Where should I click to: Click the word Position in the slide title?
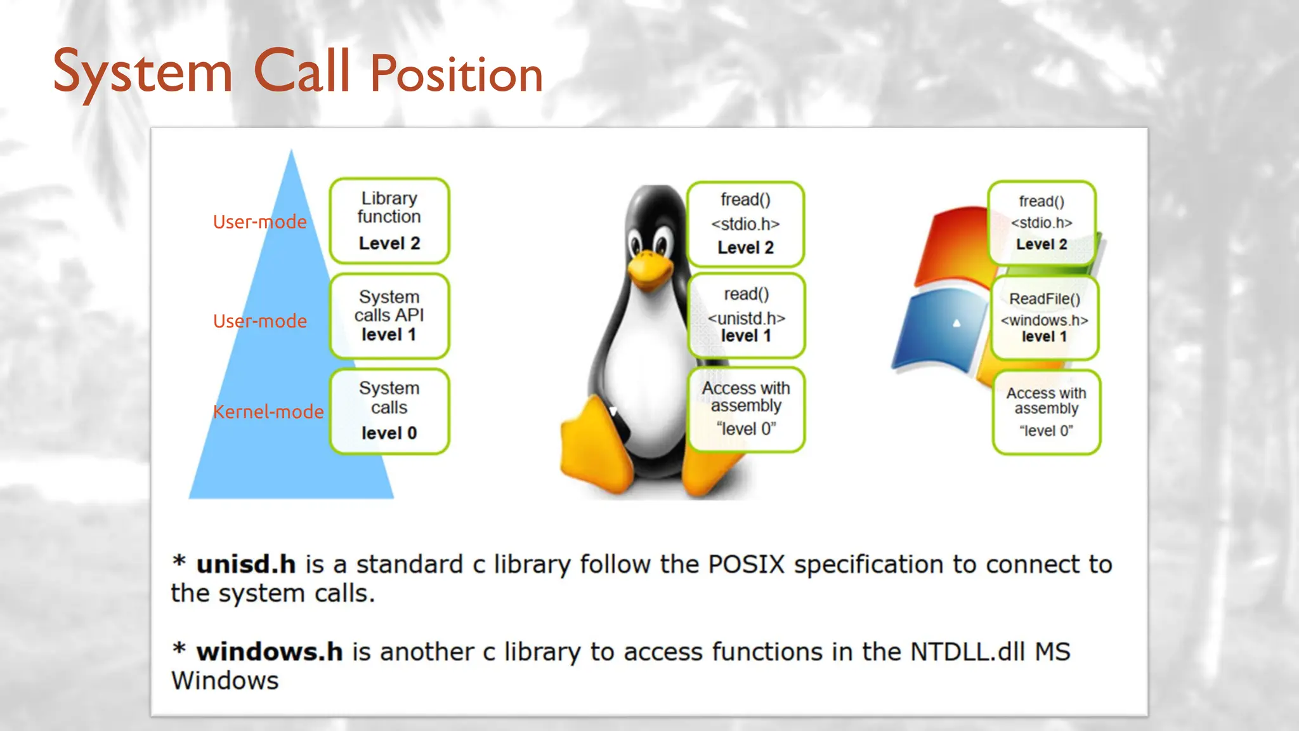pyautogui.click(x=457, y=74)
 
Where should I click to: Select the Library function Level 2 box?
pyautogui.click(x=389, y=220)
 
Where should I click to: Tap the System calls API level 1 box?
pyautogui.click(x=389, y=315)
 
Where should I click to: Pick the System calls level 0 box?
pyautogui.click(x=389, y=411)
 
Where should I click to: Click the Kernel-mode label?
pyautogui.click(x=268, y=412)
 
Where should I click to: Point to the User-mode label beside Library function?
pyautogui.click(x=259, y=222)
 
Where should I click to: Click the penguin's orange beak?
pyautogui.click(x=648, y=269)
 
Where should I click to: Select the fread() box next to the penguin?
pyautogui.click(x=745, y=223)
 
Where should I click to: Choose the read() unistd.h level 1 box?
pyautogui.click(x=746, y=315)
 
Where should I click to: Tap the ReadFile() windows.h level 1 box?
pyautogui.click(x=1045, y=317)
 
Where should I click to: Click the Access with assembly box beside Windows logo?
pyautogui.click(x=1046, y=412)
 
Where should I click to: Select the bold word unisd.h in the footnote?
pyautogui.click(x=245, y=564)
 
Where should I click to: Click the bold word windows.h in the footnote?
pyautogui.click(x=269, y=652)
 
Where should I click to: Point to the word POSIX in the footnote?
pyautogui.click(x=746, y=564)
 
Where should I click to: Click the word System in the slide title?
pyautogui.click(x=143, y=73)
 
